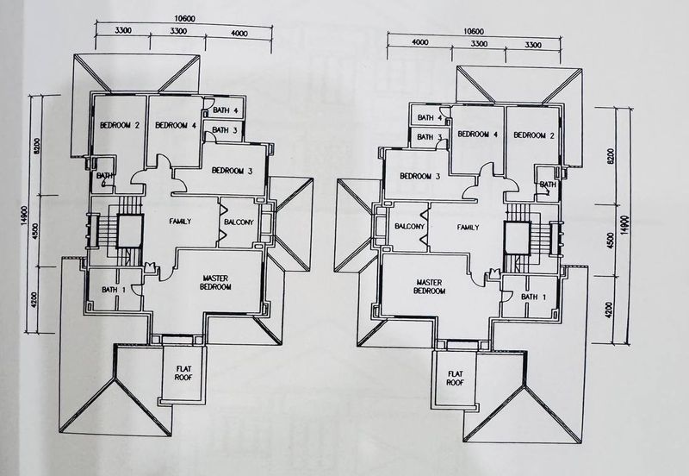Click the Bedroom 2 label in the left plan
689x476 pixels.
(x=120, y=126)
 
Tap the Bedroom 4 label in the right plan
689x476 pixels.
(x=478, y=135)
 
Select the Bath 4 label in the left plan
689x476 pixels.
(x=226, y=111)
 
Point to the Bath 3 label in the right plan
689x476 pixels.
(x=430, y=137)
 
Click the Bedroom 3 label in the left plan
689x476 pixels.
(x=232, y=170)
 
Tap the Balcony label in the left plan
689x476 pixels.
(x=238, y=222)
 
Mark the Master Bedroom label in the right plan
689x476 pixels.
(x=428, y=287)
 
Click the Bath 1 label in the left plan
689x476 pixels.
(x=113, y=290)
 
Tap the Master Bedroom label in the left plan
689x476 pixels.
(x=214, y=283)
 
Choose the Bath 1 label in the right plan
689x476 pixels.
(x=533, y=297)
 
